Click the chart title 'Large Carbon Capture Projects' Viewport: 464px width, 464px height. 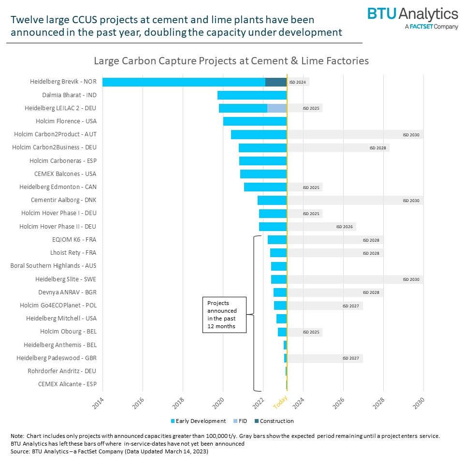click(x=231, y=61)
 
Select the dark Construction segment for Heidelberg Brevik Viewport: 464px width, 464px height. click(x=276, y=82)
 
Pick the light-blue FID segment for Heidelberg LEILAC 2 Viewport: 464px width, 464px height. click(x=277, y=108)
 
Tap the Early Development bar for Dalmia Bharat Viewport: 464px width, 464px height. click(x=252, y=95)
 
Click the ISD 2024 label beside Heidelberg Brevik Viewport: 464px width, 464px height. click(x=298, y=82)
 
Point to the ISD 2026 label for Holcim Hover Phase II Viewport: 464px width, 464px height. click(x=346, y=227)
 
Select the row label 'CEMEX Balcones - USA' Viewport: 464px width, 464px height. click(x=65, y=174)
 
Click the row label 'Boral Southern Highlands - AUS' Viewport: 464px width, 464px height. click(x=53, y=266)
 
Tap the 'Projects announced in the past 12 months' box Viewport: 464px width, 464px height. click(x=224, y=314)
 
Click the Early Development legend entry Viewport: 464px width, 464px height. click(x=198, y=421)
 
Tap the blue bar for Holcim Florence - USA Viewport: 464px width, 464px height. click(x=255, y=121)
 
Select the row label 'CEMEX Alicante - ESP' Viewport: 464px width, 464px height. click(x=67, y=384)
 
